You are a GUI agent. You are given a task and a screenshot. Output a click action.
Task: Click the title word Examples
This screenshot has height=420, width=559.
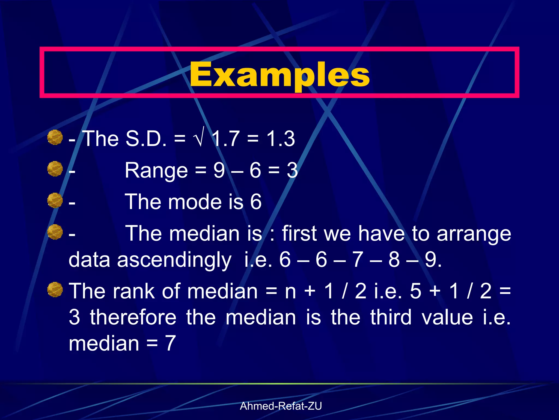[x=279, y=74]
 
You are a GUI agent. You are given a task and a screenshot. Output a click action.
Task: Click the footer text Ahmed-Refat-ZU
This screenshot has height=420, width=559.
[x=281, y=406]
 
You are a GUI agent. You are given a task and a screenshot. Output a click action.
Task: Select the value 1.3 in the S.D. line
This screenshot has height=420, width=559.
[x=281, y=139]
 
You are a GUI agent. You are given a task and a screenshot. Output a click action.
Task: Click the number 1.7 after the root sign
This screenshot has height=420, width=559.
[x=225, y=139]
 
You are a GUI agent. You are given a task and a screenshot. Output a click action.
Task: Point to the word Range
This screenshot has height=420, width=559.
[x=156, y=170]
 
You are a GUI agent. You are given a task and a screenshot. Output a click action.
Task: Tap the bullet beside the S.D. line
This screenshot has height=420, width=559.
[x=55, y=137]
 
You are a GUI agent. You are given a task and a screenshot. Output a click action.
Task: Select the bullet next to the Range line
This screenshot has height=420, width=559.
[x=55, y=169]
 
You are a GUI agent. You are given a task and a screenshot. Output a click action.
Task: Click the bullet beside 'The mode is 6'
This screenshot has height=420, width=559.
[x=55, y=200]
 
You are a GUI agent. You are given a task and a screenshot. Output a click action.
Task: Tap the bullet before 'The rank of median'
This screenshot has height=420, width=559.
[x=55, y=289]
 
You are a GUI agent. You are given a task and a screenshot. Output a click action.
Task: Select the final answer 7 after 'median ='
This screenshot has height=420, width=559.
[x=170, y=343]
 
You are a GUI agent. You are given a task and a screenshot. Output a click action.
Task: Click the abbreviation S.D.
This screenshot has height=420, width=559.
[x=145, y=139]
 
